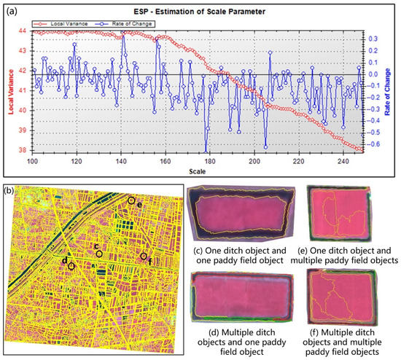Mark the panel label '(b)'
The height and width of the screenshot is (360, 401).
pyautogui.click(x=10, y=192)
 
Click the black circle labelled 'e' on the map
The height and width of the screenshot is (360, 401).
pyautogui.click(x=131, y=200)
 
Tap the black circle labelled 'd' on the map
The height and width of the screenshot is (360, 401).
pyautogui.click(x=71, y=267)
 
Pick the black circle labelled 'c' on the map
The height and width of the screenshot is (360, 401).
pyautogui.click(x=99, y=254)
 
